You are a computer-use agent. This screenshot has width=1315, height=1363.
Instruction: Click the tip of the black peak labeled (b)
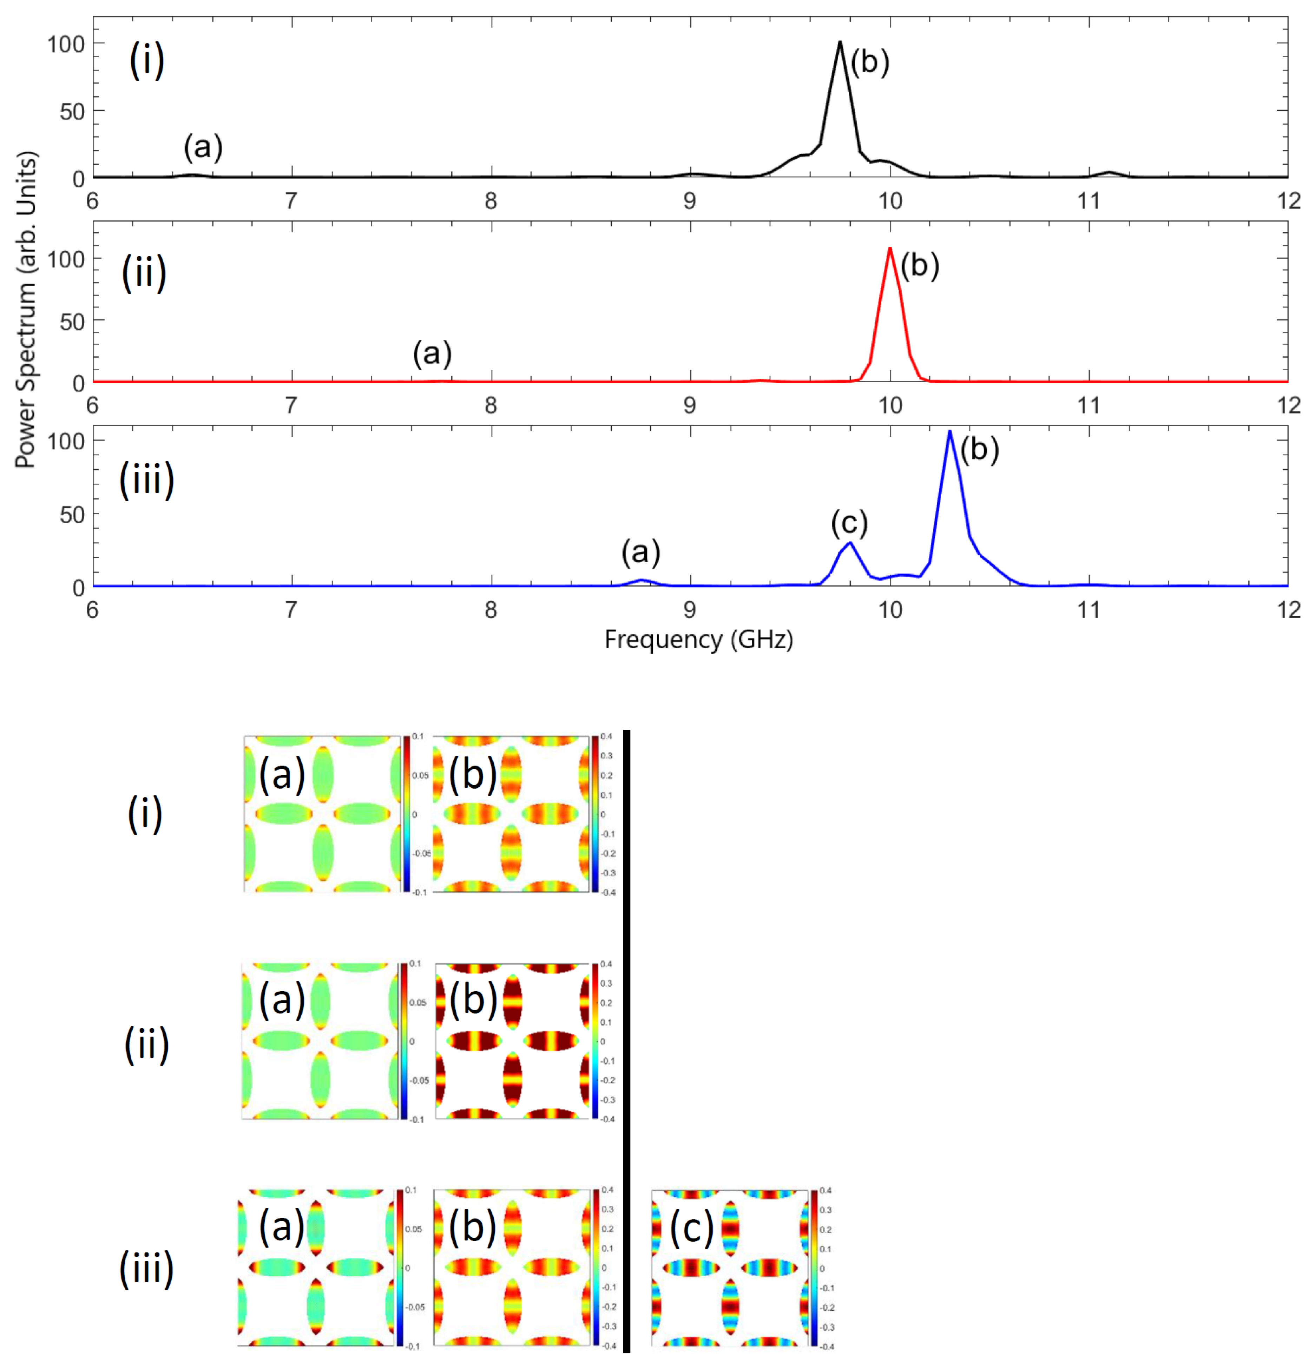point(840,42)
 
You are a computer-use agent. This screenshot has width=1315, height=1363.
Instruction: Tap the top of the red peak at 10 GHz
point(890,248)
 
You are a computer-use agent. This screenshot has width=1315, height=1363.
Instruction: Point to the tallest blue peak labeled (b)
point(949,432)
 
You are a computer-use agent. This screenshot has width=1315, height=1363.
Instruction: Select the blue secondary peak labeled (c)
point(849,543)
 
